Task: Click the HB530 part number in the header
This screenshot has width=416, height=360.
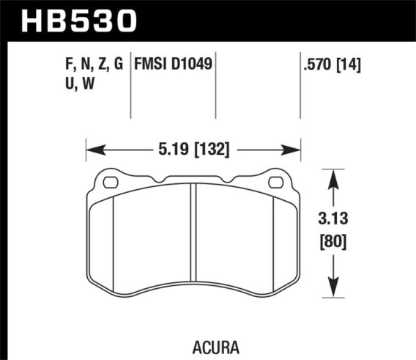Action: coord(81,20)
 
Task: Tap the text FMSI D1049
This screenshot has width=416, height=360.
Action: coord(174,64)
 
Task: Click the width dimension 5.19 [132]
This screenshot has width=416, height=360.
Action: coord(194,150)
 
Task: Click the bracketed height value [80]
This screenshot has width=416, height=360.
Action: coord(334,241)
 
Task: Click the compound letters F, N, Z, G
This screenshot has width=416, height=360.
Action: coord(92,64)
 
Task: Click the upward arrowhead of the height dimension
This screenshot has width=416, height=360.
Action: coord(334,175)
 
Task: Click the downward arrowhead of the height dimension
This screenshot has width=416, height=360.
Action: coord(334,293)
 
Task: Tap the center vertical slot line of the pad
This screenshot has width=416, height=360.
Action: coord(193,235)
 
